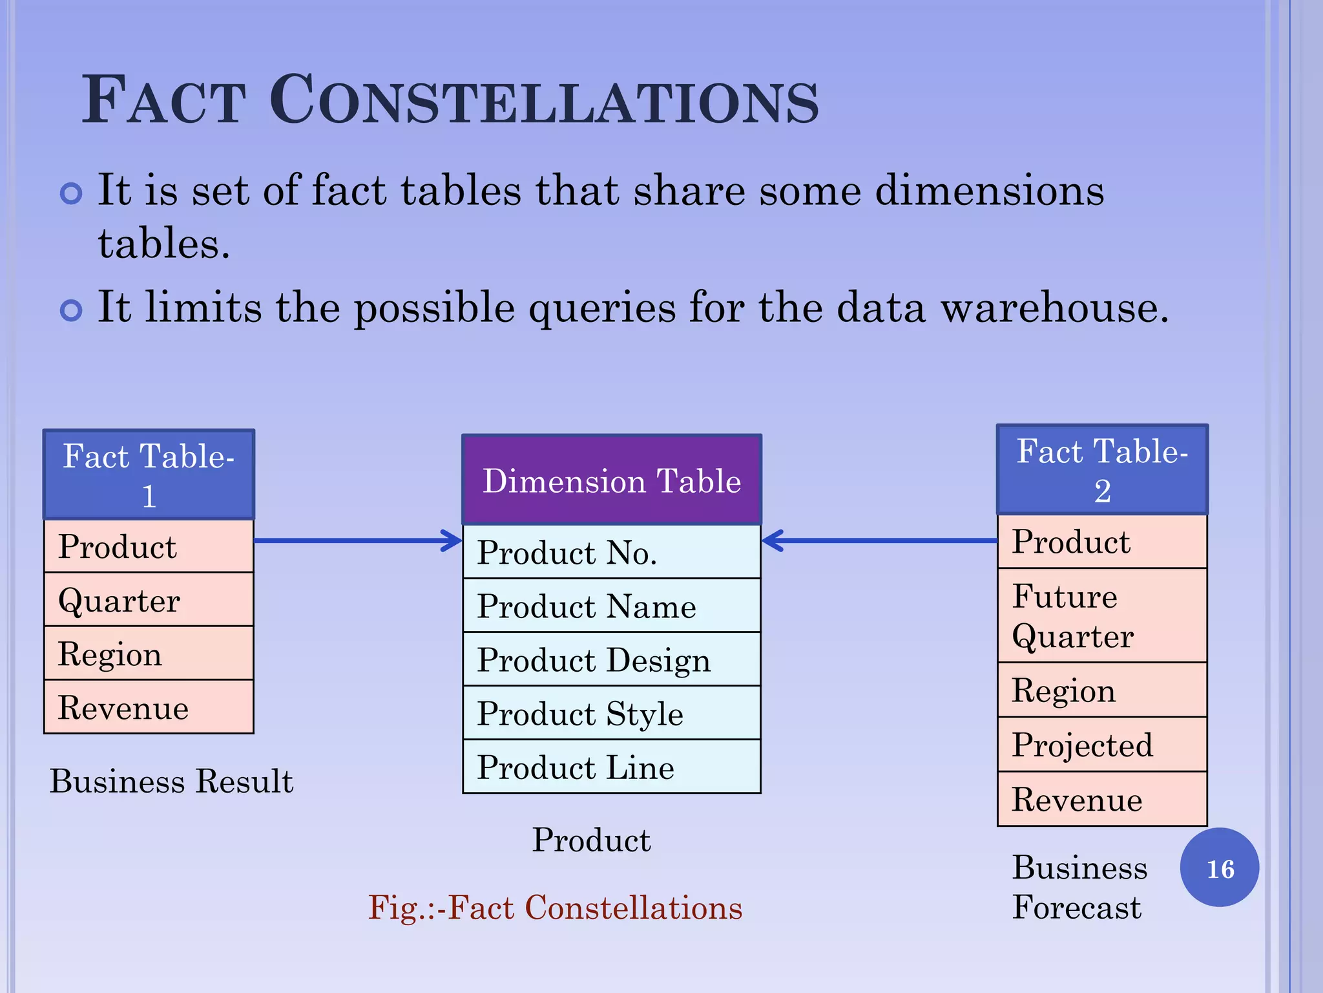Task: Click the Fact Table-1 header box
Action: click(x=149, y=475)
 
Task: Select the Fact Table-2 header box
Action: click(x=1102, y=469)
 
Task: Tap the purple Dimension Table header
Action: click(x=611, y=480)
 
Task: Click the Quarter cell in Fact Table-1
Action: click(x=149, y=600)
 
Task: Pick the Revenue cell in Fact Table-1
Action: click(x=149, y=707)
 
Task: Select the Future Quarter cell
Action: click(x=1102, y=615)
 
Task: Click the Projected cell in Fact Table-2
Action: click(x=1102, y=745)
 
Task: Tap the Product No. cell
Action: click(x=611, y=552)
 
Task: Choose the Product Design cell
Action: click(x=611, y=659)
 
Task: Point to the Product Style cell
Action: click(x=611, y=713)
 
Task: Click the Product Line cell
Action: click(x=611, y=767)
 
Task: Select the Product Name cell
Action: click(x=611, y=606)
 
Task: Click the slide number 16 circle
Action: click(x=1219, y=868)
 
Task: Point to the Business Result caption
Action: click(x=171, y=781)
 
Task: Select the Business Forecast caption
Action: click(x=1079, y=887)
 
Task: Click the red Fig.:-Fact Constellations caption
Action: click(x=555, y=908)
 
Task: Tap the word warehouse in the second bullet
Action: click(x=1054, y=308)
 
